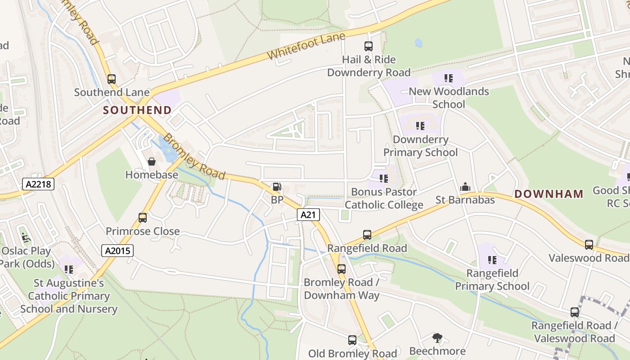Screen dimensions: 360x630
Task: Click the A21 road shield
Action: [x=308, y=215]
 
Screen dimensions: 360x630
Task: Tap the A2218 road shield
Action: [x=38, y=184]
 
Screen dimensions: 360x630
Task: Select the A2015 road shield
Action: [x=117, y=251]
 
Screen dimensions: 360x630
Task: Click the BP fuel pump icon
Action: [x=277, y=187]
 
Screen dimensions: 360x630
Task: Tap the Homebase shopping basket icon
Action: [x=152, y=162]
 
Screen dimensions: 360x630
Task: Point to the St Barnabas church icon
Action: [x=465, y=187]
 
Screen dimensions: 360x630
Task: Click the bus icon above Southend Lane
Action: [x=112, y=79]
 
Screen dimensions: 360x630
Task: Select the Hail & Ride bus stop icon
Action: [x=369, y=46]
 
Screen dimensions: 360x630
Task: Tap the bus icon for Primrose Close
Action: [x=143, y=218]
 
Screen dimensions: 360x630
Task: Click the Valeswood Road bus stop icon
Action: [x=589, y=244]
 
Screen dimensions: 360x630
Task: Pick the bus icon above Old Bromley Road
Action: [x=352, y=340]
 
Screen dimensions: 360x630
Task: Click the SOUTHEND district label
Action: [x=137, y=110]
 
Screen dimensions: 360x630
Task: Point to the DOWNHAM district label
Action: [x=549, y=194]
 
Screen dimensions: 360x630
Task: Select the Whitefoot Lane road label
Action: [x=306, y=46]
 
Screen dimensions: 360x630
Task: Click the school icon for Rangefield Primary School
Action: [x=492, y=260]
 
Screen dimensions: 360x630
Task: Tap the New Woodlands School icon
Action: [x=448, y=78]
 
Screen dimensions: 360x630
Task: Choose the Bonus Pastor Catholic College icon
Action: [x=384, y=179]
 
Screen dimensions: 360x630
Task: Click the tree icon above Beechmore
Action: [x=437, y=337]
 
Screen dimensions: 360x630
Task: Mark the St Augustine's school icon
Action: [x=69, y=270]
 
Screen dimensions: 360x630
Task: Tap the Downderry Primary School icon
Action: [x=420, y=126]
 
